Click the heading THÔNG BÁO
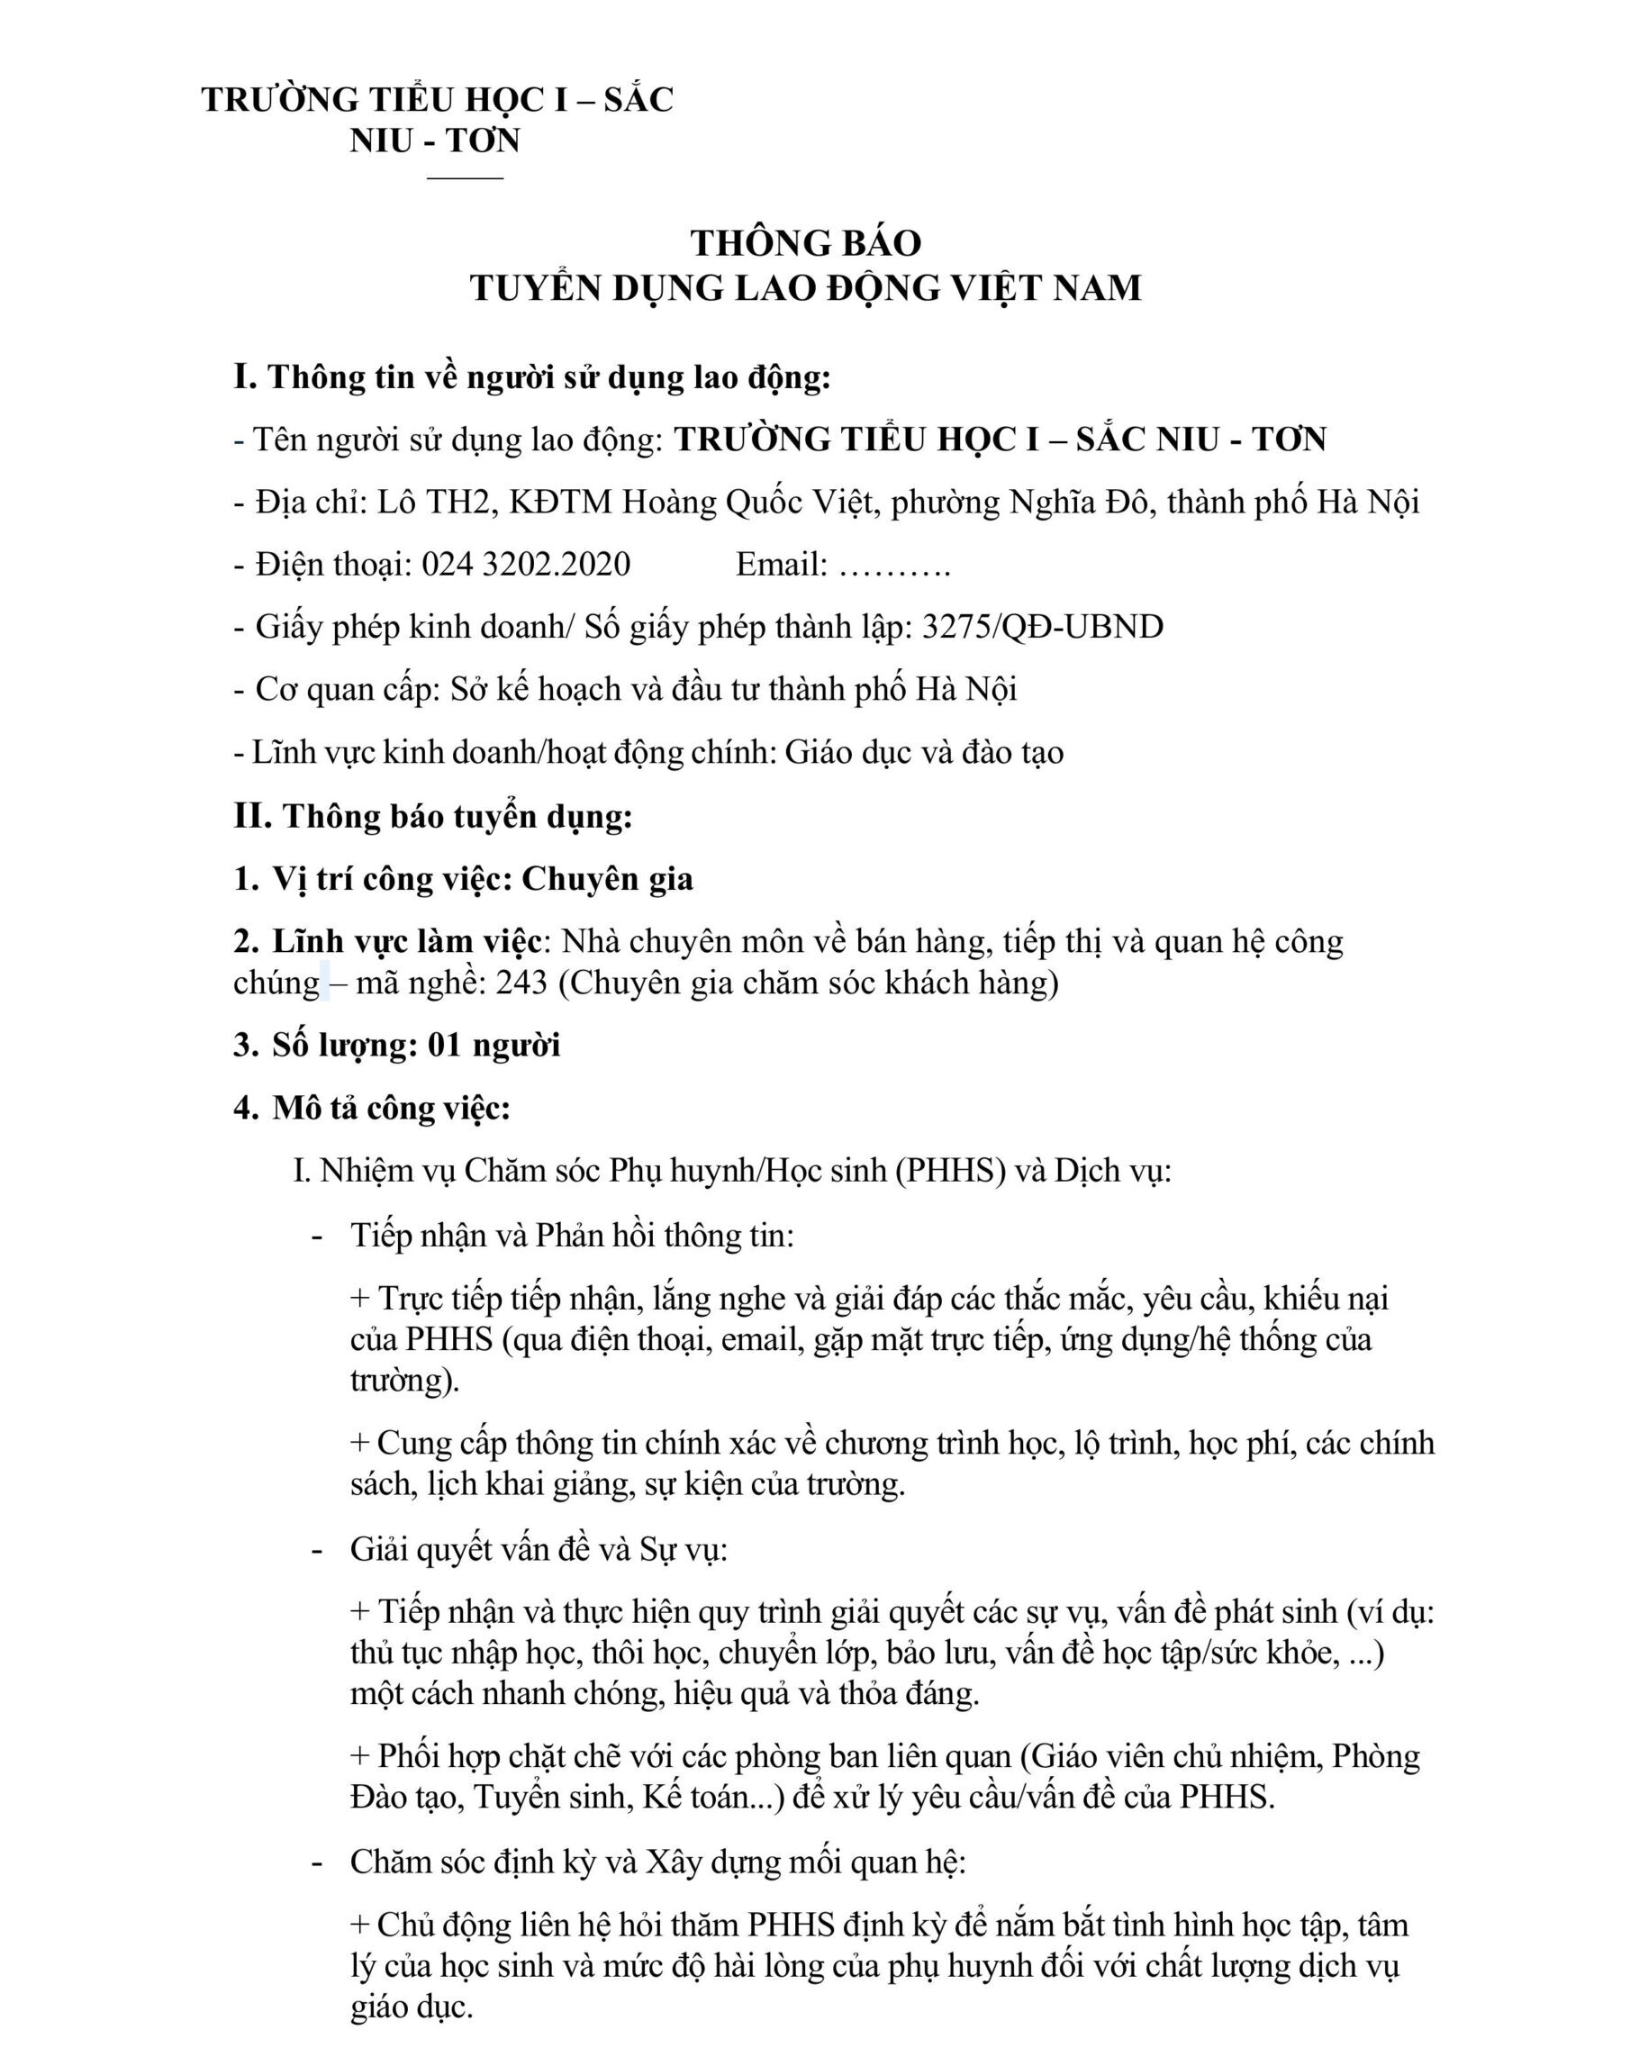pyautogui.click(x=805, y=243)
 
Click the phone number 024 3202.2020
pyautogui.click(x=526, y=565)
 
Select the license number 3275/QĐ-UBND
pyautogui.click(x=1042, y=627)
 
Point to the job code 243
pyautogui.click(x=521, y=983)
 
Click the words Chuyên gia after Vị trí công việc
pyautogui.click(x=607, y=879)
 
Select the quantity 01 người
pyautogui.click(x=494, y=1045)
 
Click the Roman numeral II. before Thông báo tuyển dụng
pyautogui.click(x=253, y=816)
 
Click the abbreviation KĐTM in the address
pyautogui.click(x=560, y=502)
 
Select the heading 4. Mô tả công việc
pyautogui.click(x=372, y=1108)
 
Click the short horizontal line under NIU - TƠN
pyautogui.click(x=465, y=177)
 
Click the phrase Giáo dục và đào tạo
pyautogui.click(x=923, y=752)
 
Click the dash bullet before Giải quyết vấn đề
pyautogui.click(x=317, y=1550)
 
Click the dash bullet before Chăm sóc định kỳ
pyautogui.click(x=317, y=1862)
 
